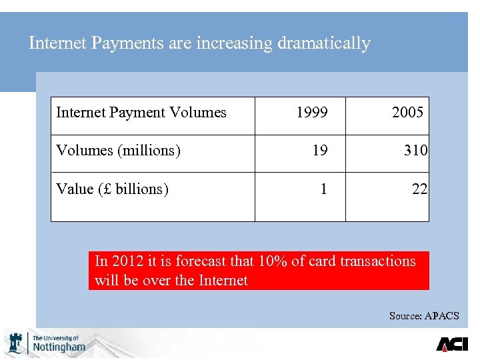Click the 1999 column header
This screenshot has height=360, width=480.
[x=311, y=113]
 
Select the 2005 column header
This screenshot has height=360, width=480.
[x=407, y=113]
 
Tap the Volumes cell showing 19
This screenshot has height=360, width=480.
[x=320, y=151]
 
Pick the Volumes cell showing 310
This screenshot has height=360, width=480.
[x=415, y=151]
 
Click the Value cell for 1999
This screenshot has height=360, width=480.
[x=323, y=189]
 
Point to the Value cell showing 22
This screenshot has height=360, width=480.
[x=419, y=189]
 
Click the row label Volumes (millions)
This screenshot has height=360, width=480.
[x=119, y=151]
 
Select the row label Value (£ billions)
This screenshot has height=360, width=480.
[x=112, y=189]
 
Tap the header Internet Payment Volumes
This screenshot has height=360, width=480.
[x=141, y=113]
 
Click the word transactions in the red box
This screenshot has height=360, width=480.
[x=377, y=261]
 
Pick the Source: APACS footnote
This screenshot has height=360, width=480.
[x=424, y=315]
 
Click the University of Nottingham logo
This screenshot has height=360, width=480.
[x=46, y=343]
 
